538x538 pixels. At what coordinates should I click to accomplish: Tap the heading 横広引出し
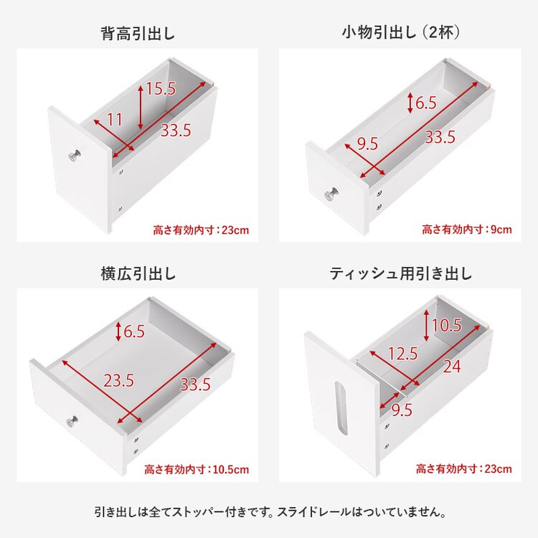(138, 273)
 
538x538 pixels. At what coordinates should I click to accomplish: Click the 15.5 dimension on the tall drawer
(161, 90)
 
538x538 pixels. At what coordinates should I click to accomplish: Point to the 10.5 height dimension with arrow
(446, 325)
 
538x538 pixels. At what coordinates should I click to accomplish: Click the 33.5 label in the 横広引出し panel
(194, 384)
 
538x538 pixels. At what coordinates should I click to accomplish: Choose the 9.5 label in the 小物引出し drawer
(367, 143)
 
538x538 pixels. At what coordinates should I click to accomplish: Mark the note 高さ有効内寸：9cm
(466, 230)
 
